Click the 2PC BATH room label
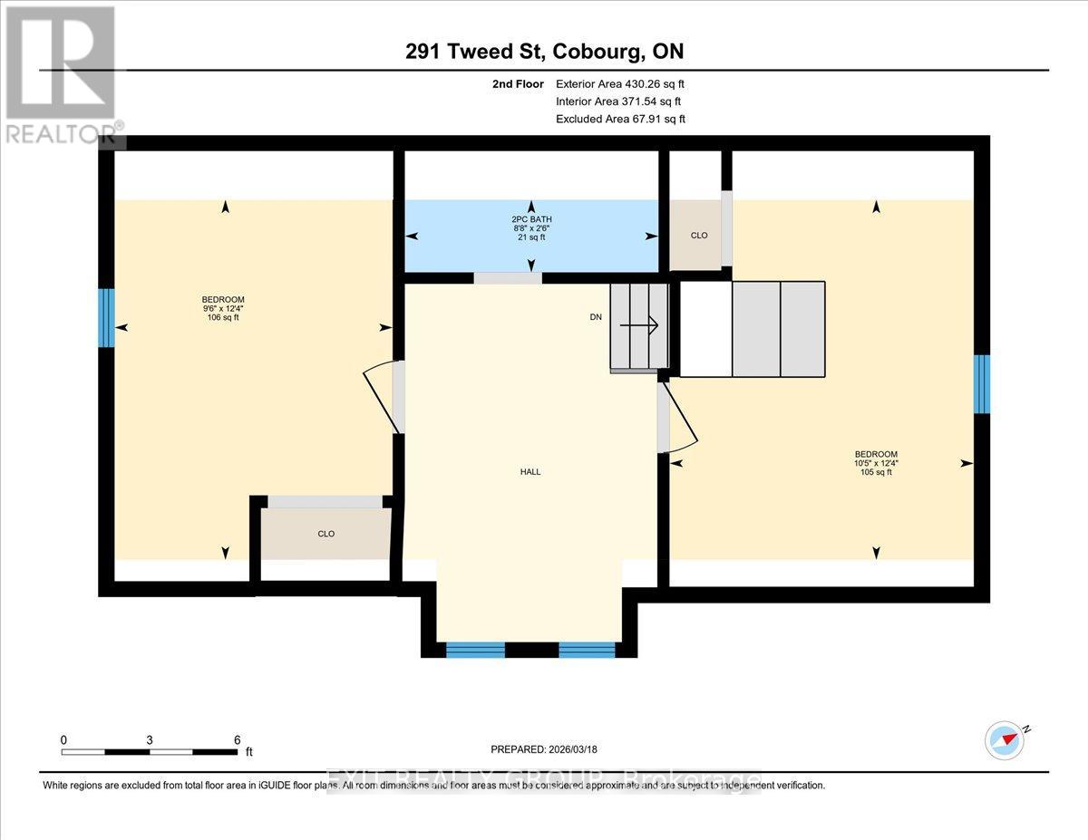(x=530, y=219)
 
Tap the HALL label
(x=530, y=471)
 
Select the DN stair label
(x=595, y=317)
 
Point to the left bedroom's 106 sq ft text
(x=223, y=317)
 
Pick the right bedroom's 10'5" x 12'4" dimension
(x=876, y=463)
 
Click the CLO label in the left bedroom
(x=326, y=534)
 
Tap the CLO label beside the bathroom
(x=699, y=236)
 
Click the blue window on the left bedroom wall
(x=106, y=318)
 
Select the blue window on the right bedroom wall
(x=981, y=384)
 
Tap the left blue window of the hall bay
(x=475, y=649)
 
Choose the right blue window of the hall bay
(x=587, y=649)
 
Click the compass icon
(x=1005, y=739)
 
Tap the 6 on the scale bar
(x=237, y=739)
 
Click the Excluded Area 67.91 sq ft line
(x=620, y=119)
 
